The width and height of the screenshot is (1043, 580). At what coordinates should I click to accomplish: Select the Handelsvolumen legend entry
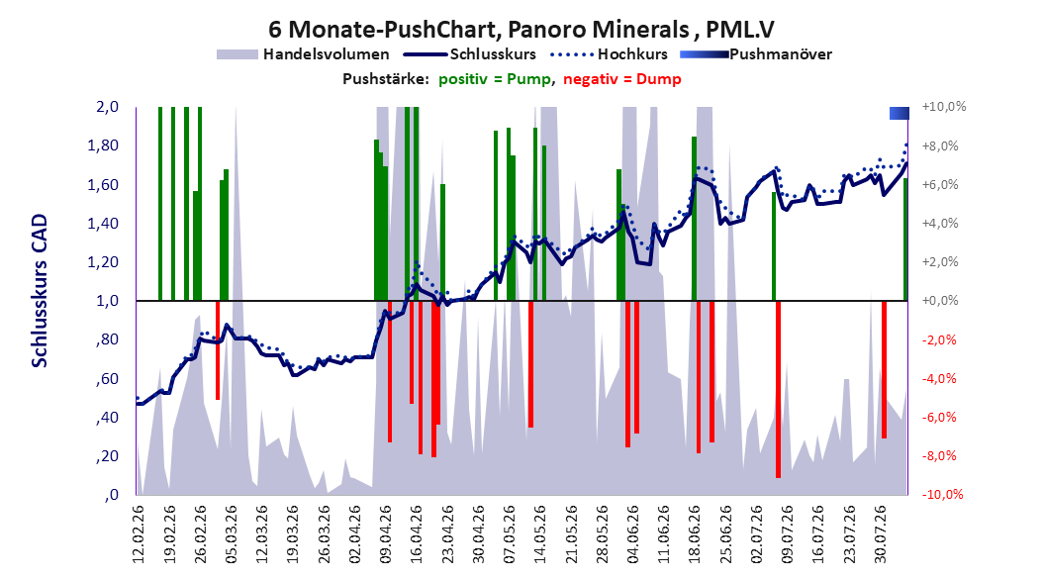click(303, 54)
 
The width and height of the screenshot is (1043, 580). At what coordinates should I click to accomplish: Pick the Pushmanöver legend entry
click(756, 54)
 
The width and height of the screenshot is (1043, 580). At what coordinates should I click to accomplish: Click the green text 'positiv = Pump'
click(495, 79)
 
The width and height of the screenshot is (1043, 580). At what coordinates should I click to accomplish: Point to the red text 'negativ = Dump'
click(622, 79)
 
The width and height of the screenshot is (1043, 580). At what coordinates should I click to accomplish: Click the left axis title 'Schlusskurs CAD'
click(40, 291)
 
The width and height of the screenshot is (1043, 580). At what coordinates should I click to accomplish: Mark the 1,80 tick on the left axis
click(103, 145)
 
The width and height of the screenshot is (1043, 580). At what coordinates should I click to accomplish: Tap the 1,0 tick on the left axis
click(107, 301)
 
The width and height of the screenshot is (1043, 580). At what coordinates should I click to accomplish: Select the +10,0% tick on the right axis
click(944, 107)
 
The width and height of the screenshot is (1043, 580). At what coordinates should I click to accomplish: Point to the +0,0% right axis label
click(940, 301)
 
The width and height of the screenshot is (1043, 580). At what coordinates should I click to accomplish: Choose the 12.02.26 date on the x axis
click(139, 534)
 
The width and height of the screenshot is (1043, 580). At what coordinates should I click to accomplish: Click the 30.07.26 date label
click(881, 534)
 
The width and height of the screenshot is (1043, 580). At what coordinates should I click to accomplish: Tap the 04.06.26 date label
click(633, 534)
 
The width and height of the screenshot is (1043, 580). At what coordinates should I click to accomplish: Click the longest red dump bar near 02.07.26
click(778, 389)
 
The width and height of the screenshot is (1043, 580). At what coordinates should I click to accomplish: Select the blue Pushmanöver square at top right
click(900, 113)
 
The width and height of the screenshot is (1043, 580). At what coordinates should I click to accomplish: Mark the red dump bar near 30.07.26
click(884, 369)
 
